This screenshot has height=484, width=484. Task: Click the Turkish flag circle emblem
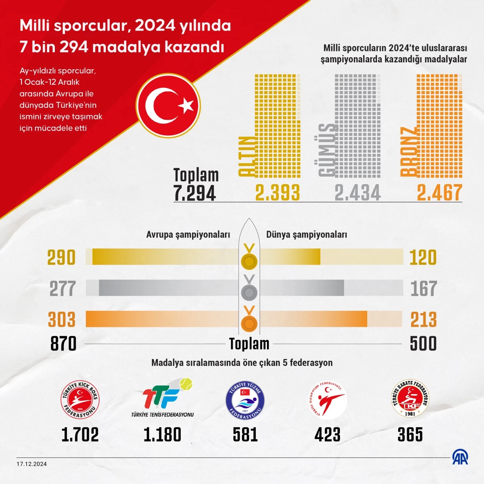point(168,106)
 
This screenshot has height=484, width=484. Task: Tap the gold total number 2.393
point(278,192)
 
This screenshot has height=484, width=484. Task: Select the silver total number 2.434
point(358,192)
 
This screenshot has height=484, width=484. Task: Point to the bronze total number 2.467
point(439,192)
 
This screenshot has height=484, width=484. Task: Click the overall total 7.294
point(195,193)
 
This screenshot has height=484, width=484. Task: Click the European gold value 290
point(61,258)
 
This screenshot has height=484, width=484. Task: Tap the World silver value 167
point(423,289)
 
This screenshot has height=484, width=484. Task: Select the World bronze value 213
point(423,320)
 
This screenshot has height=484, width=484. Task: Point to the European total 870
point(63,344)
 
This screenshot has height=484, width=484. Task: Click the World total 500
point(423,344)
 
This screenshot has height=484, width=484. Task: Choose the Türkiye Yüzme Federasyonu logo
point(245,400)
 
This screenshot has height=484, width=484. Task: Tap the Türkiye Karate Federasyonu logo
point(410,399)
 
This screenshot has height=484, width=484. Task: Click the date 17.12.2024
point(32,464)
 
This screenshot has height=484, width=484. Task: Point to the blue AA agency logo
point(460,458)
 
